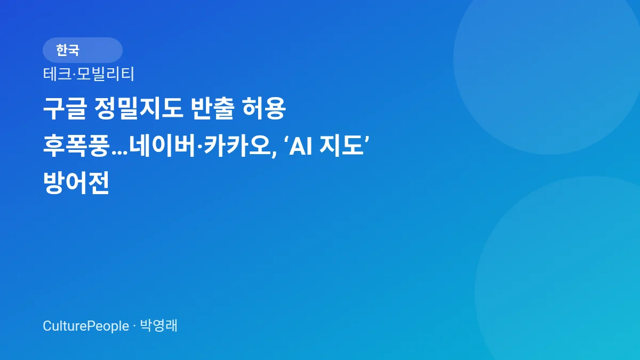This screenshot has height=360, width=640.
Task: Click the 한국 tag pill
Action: click(82, 50)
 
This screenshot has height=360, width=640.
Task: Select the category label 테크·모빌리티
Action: click(89, 74)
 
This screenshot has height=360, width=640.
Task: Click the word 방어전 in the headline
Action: click(76, 184)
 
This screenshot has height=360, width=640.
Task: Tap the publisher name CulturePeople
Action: click(86, 326)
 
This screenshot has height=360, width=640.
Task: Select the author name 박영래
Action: click(159, 326)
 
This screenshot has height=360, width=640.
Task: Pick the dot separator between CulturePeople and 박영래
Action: click(134, 326)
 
